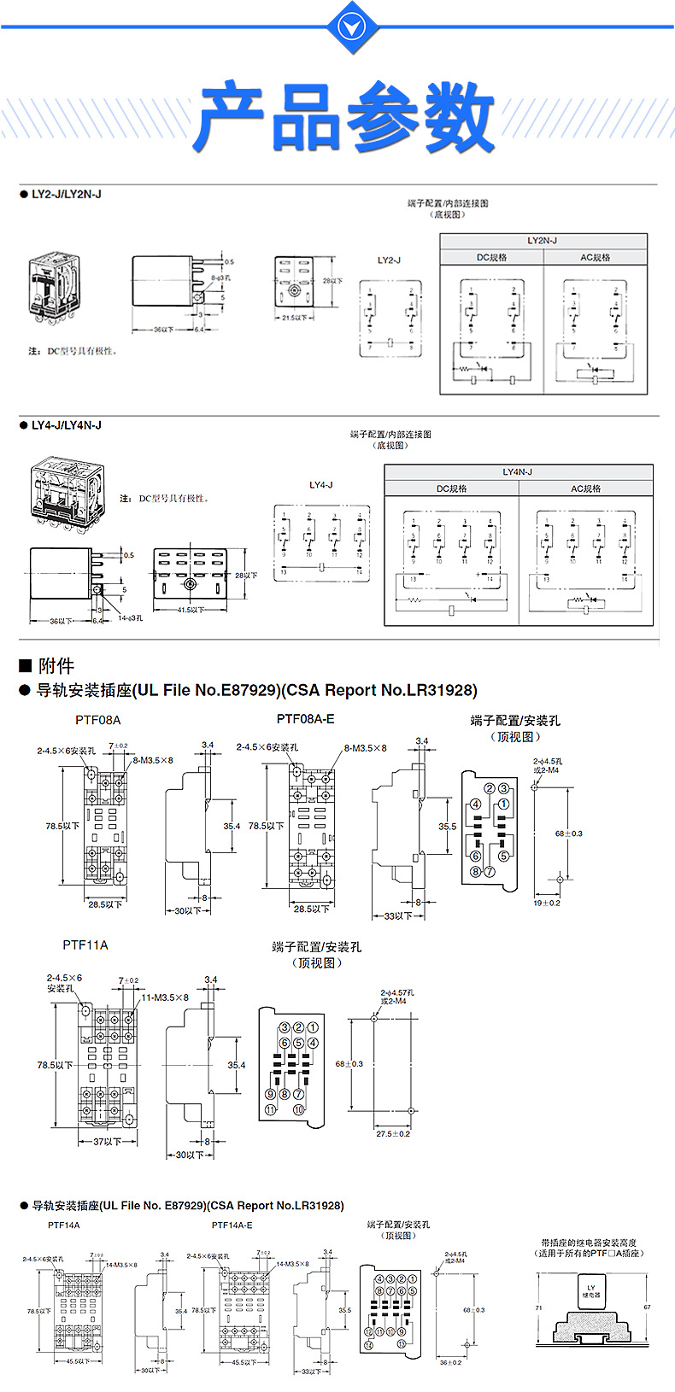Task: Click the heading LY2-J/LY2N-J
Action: pos(66,194)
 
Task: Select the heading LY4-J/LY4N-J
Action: pos(66,424)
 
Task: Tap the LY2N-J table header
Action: pos(543,241)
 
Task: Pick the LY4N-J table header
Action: pos(518,472)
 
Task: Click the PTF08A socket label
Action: pos(98,720)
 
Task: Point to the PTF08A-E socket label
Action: pos(305,719)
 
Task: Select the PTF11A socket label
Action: pos(85,945)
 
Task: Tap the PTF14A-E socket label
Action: pos(232,1225)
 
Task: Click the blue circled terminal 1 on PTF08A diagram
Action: pos(504,804)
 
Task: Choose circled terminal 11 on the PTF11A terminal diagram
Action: pos(270,1109)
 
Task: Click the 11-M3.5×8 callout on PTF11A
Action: pos(163,997)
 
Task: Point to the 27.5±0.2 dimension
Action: pos(393,1134)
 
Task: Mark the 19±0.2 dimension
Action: pos(547,903)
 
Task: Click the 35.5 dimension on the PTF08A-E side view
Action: pos(448,827)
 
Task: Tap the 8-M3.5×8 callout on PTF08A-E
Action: pos(365,748)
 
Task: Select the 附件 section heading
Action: pos(56,666)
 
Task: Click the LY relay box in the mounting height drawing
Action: pos(590,1291)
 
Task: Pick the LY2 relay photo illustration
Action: pos(55,286)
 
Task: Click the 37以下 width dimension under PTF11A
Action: pos(107,1142)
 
